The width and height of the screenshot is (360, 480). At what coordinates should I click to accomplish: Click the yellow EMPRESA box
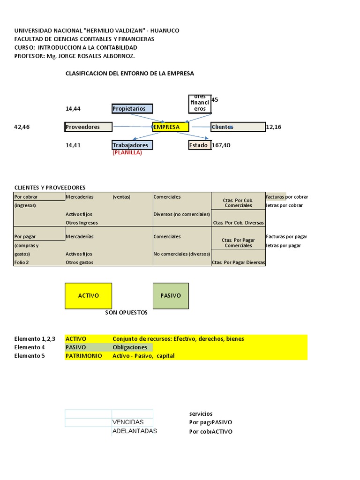coord(171,127)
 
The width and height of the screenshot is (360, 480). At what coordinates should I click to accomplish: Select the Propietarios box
coord(132,109)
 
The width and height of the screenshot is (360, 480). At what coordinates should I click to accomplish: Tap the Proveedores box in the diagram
coord(89,127)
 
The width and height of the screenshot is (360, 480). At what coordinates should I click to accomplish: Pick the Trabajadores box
coord(132,145)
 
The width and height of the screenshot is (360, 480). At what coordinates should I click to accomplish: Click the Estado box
coord(199,145)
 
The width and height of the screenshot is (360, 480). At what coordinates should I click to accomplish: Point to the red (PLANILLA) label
coord(127,153)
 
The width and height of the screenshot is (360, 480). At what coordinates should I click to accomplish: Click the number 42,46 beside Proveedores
coord(22,127)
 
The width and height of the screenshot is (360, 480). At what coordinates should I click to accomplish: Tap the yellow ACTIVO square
coord(88,296)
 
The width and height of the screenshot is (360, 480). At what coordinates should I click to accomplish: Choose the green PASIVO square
coord(171,296)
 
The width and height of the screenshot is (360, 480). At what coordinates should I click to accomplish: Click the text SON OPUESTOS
coord(126,313)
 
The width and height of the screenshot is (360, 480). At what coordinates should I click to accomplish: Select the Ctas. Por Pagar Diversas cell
coord(238,262)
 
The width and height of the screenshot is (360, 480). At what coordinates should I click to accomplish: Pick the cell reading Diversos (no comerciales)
coord(182,214)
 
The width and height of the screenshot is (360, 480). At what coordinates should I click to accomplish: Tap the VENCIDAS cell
coord(128,422)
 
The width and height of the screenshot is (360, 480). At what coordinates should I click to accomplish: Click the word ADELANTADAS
coord(135,431)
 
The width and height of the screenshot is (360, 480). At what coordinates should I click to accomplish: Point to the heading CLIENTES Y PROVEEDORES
coord(50,187)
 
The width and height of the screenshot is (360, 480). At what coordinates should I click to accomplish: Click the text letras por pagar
coord(284,246)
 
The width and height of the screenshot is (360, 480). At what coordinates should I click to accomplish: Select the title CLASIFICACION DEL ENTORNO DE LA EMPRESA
coord(130,74)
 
